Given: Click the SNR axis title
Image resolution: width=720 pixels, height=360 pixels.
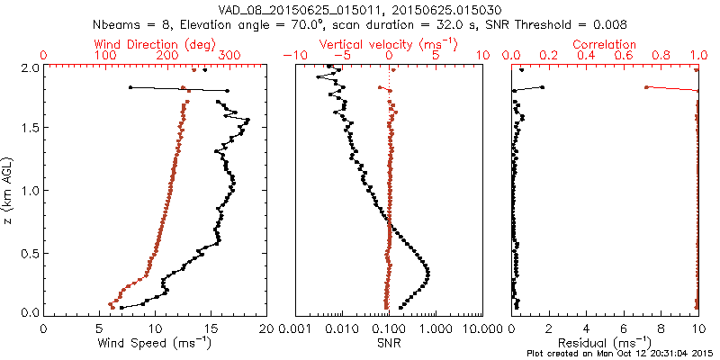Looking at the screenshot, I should tap(388, 343).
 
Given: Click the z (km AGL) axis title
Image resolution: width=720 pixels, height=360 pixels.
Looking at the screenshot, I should tap(9, 190).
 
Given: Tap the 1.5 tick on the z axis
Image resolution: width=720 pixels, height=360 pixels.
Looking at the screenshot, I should tap(30, 129).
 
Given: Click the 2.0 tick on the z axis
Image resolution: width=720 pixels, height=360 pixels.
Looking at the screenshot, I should tap(30, 67).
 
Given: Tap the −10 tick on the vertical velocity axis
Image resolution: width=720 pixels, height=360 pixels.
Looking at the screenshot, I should tap(294, 56).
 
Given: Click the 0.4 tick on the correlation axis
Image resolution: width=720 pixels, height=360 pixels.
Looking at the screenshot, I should tap(586, 56).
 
